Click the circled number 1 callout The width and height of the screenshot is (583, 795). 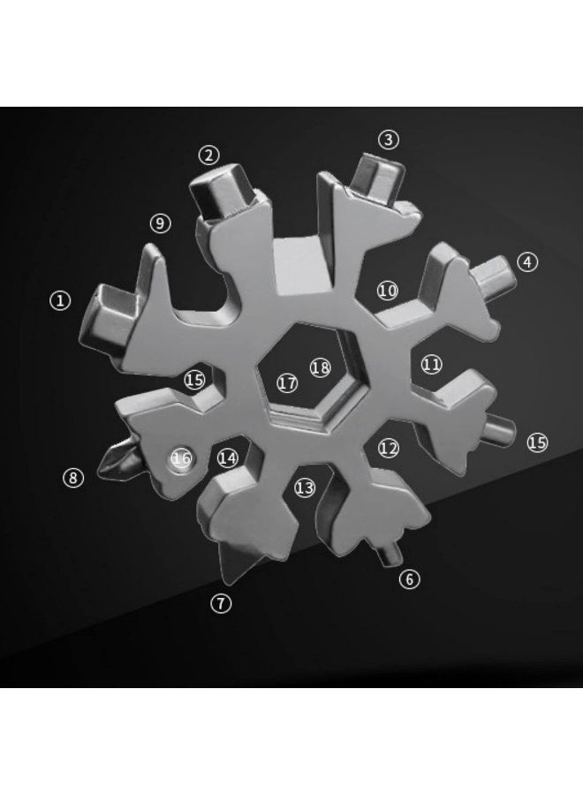tap(59, 300)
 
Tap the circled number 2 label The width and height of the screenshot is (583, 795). tap(208, 155)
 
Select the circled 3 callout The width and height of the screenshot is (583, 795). tap(389, 140)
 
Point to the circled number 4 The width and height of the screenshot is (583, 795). tap(527, 261)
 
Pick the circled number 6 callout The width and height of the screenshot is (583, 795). tap(408, 579)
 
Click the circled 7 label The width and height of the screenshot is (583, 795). tap(220, 603)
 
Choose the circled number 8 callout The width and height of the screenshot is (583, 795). tap(73, 478)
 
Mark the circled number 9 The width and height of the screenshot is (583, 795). tap(160, 223)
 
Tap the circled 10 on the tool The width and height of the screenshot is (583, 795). tap(388, 290)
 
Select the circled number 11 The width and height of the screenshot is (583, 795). tap(431, 363)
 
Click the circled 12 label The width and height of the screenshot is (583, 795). tap(389, 448)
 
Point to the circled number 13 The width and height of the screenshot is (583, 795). tap(305, 488)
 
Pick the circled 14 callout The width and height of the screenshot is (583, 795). tap(228, 458)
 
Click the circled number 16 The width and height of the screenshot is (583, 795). tap(182, 458)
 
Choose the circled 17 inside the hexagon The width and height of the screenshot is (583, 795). tap(287, 383)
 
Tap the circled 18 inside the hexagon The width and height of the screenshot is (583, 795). tap(320, 367)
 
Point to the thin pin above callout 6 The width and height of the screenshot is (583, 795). tap(389, 555)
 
